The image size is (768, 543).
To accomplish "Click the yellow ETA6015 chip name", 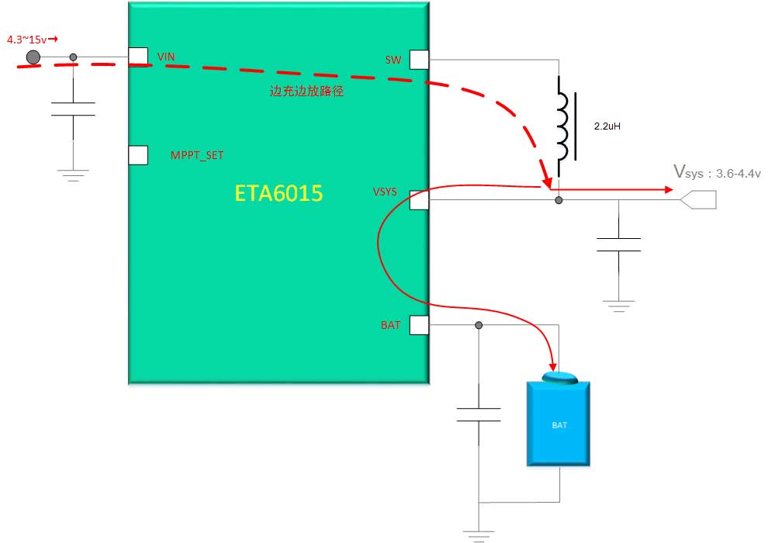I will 278,193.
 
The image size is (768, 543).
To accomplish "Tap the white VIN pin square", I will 138,57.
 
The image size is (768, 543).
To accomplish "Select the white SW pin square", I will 419,59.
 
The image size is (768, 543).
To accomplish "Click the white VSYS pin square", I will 419,199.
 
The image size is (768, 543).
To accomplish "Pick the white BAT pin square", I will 419,325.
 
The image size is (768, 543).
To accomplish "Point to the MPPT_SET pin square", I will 138,155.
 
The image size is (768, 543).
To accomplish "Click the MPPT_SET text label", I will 197,155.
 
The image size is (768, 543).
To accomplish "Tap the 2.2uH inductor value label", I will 607,125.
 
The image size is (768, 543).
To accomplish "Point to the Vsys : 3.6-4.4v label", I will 717,172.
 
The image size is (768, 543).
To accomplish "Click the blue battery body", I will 559,424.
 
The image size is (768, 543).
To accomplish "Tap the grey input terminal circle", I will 33,57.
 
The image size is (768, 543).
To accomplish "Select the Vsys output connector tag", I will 697,200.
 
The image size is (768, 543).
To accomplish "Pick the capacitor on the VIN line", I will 73,109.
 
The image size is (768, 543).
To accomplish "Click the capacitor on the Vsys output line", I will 618,244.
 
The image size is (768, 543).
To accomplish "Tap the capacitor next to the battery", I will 479,414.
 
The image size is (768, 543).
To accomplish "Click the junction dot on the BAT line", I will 479,325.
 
